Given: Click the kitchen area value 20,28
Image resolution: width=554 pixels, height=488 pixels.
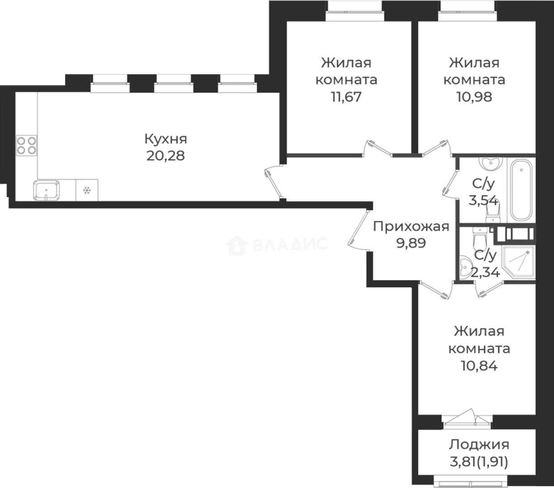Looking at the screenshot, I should pyautogui.click(x=166, y=156).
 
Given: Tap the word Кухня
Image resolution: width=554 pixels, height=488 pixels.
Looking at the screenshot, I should pyautogui.click(x=166, y=139).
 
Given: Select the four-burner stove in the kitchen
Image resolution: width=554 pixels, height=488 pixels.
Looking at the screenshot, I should pyautogui.click(x=27, y=145).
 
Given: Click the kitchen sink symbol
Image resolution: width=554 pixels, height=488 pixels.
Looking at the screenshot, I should pyautogui.click(x=46, y=190).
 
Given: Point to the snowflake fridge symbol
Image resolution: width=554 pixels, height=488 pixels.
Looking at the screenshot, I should pyautogui.click(x=86, y=190).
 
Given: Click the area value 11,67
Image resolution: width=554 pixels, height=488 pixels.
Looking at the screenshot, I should pyautogui.click(x=346, y=97).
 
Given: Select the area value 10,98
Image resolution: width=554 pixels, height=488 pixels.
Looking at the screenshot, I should pyautogui.click(x=474, y=97).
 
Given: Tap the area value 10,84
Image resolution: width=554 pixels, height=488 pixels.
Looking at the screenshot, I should pyautogui.click(x=479, y=366).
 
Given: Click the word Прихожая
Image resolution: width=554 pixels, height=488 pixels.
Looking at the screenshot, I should pyautogui.click(x=411, y=226).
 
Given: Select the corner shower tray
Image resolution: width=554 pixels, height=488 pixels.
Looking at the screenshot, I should pyautogui.click(x=519, y=262).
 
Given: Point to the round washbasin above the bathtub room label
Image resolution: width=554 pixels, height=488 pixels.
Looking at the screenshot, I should pyautogui.click(x=488, y=164).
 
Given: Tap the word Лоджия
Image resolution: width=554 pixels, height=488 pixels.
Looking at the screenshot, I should pyautogui.click(x=479, y=445).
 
